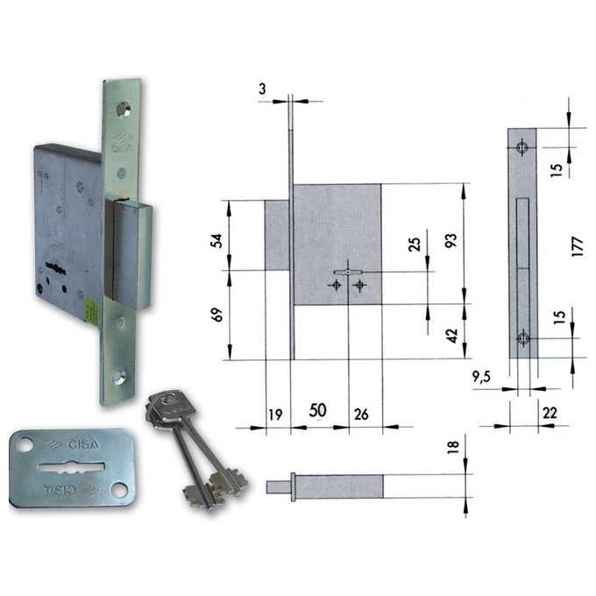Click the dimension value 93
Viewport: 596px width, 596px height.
point(451,241)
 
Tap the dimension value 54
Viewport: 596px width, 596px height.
point(216,241)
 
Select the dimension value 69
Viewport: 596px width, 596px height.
point(216,316)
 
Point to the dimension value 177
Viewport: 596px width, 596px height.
point(577,246)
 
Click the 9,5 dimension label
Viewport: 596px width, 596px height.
point(481,377)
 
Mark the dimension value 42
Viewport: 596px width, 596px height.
point(451,336)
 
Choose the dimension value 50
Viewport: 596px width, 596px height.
point(318,410)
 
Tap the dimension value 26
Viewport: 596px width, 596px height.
point(361,415)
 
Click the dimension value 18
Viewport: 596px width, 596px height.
point(453,447)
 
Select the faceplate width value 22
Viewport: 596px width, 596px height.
point(550,413)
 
